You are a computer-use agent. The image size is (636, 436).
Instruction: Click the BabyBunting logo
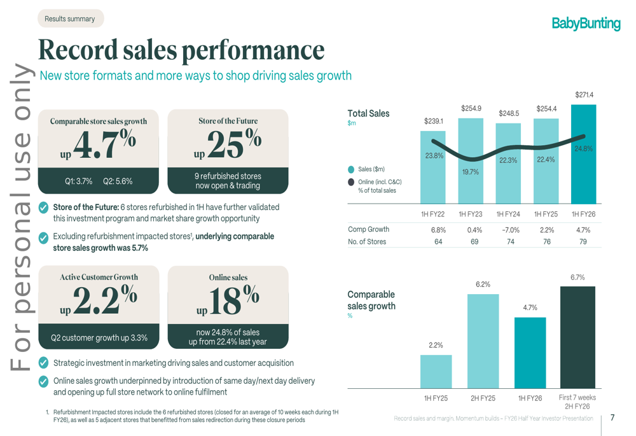click(586, 24)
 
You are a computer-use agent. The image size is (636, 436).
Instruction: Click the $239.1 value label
click(434, 120)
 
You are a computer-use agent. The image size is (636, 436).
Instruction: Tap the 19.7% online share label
click(471, 172)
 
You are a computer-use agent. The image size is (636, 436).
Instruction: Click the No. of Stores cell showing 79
click(583, 241)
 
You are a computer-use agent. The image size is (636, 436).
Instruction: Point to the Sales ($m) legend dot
click(352, 169)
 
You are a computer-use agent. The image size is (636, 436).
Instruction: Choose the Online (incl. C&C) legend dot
click(352, 182)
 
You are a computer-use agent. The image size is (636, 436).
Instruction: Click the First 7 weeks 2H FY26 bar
click(577, 337)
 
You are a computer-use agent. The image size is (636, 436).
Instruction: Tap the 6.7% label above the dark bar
click(577, 278)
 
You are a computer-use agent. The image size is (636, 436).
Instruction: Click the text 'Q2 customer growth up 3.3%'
click(99, 338)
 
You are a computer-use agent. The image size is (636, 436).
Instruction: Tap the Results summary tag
click(69, 18)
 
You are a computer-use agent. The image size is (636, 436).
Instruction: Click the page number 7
click(612, 418)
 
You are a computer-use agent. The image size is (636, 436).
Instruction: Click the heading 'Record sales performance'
click(182, 49)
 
